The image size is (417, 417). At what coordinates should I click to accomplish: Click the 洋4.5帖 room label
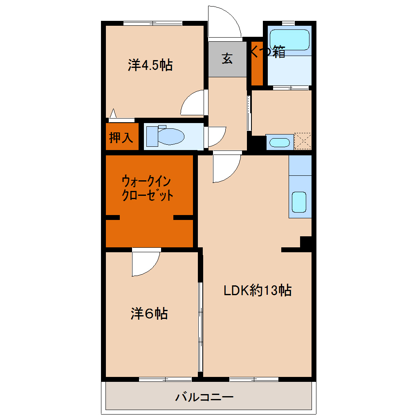click(x=150, y=65)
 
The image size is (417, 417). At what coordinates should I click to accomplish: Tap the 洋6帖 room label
click(x=149, y=314)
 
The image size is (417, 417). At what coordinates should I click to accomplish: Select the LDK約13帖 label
click(x=258, y=290)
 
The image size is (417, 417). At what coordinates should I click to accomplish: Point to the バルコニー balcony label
click(x=204, y=397)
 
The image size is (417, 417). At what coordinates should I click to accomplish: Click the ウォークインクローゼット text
click(x=147, y=188)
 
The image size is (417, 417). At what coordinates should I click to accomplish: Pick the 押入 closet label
click(x=121, y=137)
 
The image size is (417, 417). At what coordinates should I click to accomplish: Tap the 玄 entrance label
click(x=227, y=58)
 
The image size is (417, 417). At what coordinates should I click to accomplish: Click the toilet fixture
click(x=165, y=136)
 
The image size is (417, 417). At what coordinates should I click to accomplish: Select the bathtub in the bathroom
click(x=289, y=40)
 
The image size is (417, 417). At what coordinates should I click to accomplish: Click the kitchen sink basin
click(x=299, y=202)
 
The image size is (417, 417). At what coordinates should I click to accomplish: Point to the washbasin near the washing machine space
click(x=280, y=143)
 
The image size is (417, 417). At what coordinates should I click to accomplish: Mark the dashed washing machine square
click(x=303, y=141)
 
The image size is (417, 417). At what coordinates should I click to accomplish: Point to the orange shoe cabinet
click(x=257, y=63)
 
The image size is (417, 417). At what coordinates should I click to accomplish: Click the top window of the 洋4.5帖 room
click(x=152, y=23)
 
